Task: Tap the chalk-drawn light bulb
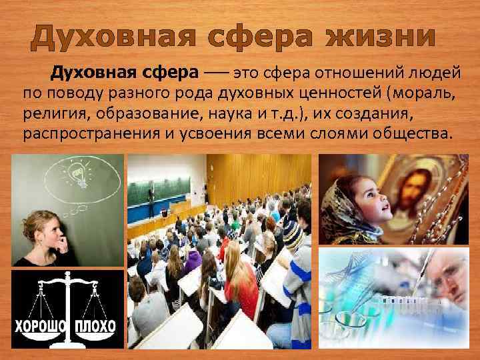pyautogui.click(x=77, y=175)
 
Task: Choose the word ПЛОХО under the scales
pyautogui.click(x=95, y=327)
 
